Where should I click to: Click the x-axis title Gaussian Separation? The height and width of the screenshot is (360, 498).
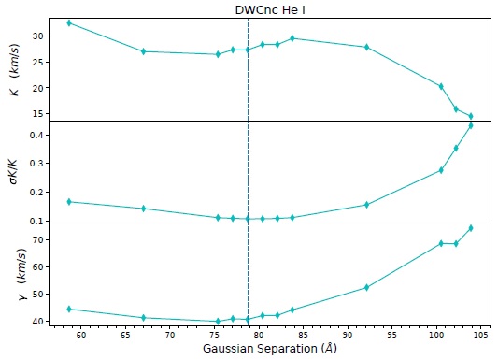263,349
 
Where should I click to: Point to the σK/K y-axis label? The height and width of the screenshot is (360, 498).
13,173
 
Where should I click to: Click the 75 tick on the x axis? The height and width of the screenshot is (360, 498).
215,334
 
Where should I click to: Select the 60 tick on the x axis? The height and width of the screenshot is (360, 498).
81,334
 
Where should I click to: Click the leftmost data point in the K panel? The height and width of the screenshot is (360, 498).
69,22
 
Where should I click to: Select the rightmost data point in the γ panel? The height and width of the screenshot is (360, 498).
471,228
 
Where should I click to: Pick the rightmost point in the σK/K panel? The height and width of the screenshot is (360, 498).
471,125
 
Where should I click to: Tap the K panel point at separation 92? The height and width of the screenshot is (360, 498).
366,47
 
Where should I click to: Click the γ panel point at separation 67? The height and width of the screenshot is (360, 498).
143,318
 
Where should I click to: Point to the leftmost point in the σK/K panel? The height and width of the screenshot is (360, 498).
69,202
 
